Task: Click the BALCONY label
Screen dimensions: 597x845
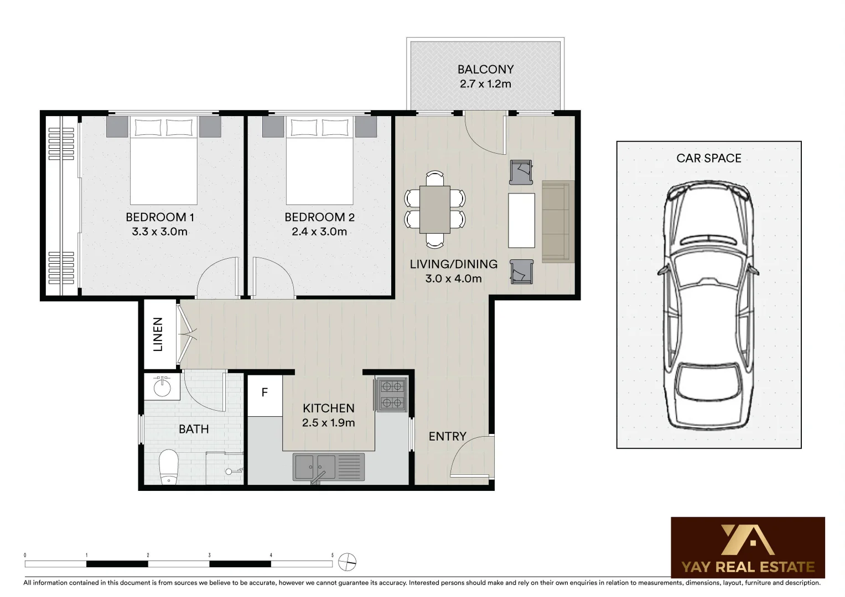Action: [485, 70]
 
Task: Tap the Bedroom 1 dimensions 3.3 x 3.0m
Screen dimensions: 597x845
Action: [159, 232]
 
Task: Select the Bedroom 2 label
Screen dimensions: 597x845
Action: [319, 217]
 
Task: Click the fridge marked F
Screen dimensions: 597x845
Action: [265, 393]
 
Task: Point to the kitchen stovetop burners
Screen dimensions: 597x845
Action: [392, 395]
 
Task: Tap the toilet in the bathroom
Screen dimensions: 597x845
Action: [169, 466]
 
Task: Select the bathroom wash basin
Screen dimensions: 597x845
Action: [162, 387]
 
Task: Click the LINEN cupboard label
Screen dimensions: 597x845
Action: [158, 334]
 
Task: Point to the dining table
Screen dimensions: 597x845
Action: [434, 210]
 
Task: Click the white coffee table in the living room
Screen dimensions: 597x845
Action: [521, 220]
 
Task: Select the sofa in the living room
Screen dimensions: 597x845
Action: [557, 221]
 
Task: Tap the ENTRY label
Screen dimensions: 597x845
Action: [447, 437]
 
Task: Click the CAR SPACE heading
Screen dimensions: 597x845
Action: [708, 159]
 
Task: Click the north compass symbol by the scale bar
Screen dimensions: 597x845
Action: [347, 562]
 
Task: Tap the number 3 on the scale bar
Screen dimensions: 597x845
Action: [209, 555]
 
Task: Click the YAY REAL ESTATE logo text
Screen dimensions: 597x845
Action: [748, 567]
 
